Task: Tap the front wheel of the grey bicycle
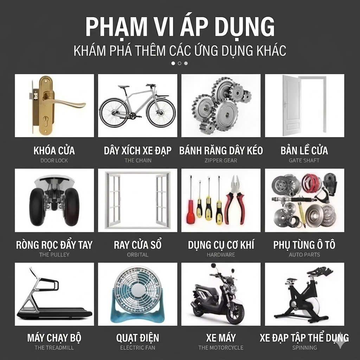[x=161, y=113]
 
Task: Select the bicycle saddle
[x=123, y=87]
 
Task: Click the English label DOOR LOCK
[x=54, y=160]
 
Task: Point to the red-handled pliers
[x=234, y=200]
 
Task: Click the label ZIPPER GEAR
[x=221, y=160]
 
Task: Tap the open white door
[x=291, y=105]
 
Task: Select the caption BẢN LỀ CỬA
[x=304, y=150]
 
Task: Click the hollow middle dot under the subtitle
[x=180, y=63]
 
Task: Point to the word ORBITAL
[x=138, y=255]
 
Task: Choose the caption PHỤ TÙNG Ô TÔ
[x=304, y=245]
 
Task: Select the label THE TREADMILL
[x=54, y=348]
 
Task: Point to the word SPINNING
[x=305, y=348]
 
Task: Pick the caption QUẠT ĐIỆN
[x=137, y=338]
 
